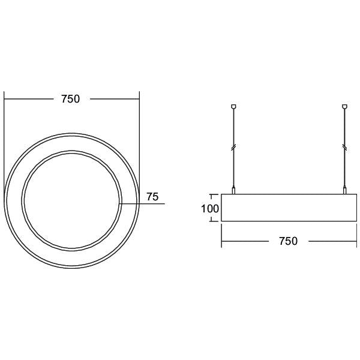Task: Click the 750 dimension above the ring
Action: tap(70, 99)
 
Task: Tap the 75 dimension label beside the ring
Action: tap(152, 197)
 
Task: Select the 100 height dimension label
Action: tap(210, 209)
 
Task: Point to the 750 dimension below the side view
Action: tap(288, 241)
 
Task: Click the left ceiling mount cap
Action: tap(233, 107)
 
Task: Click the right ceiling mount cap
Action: tap(344, 107)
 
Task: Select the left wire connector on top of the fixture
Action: tap(233, 190)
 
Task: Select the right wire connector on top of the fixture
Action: tap(344, 190)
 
